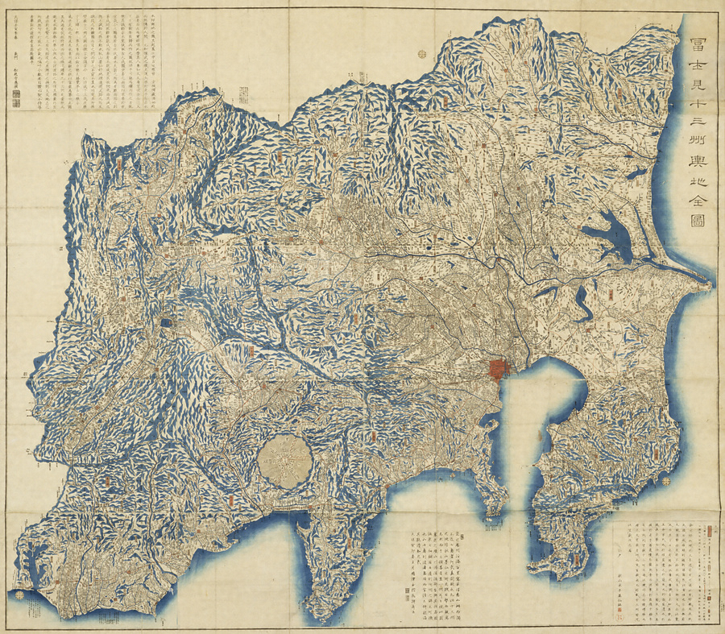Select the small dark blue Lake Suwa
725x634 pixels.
pyautogui.click(x=167, y=322)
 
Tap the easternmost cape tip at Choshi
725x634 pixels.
pyautogui.click(x=710, y=281)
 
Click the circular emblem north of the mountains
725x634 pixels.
pyautogui.click(x=422, y=54)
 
